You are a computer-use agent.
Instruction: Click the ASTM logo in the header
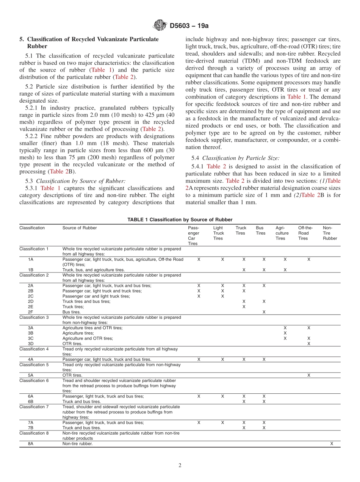point(160,25)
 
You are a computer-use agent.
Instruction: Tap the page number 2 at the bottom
point(180,465)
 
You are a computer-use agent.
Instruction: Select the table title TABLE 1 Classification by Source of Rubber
point(180,220)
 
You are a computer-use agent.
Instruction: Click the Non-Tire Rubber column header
point(329,233)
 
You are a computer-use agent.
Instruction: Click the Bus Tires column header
point(260,230)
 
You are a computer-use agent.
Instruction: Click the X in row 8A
point(332,443)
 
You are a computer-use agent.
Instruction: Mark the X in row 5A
point(309,375)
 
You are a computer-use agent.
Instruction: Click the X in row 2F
point(264,312)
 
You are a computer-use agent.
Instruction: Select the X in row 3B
point(285,333)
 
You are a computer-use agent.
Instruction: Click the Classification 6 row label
point(34,380)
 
